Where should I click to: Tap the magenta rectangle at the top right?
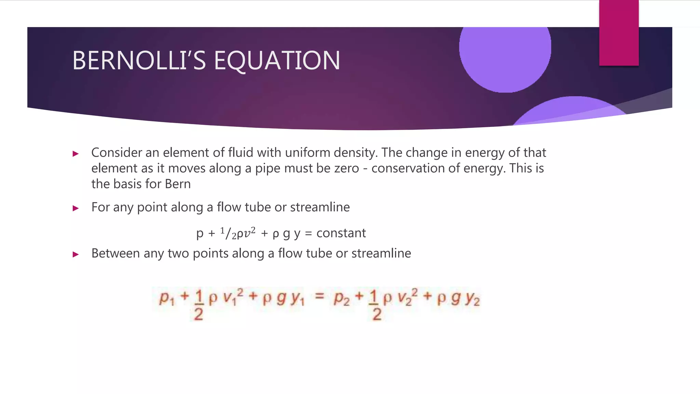coord(619,32)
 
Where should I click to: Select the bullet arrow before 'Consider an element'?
coord(76,154)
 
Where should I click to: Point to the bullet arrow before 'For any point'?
coord(76,208)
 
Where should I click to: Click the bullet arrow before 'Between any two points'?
coord(76,254)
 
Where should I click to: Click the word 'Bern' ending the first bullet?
coord(178,184)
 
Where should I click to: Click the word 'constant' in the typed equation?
coord(341,233)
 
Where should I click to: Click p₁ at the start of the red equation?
coord(166,298)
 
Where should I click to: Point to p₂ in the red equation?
coord(341,298)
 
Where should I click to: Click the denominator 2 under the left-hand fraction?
coord(199,314)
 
